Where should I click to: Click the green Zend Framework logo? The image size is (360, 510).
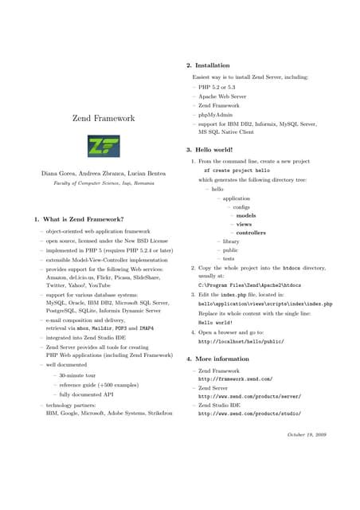coord(103,146)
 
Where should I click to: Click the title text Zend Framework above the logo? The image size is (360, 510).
coord(104,119)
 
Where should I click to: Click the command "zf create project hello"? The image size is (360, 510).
coord(237,171)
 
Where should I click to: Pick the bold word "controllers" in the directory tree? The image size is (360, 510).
coord(251,233)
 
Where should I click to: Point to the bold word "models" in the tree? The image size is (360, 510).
coord(246,215)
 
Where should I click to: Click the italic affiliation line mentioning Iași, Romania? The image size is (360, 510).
coord(103,184)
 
